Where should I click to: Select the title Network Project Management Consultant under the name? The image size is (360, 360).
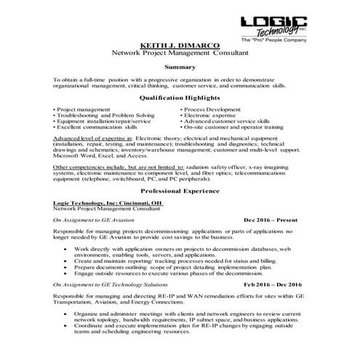click(180, 53)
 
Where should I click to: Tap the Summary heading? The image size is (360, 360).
click(180, 67)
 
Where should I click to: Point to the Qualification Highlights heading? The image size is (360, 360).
click(180, 97)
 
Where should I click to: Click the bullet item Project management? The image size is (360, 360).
click(84, 109)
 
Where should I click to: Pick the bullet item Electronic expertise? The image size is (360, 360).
click(211, 115)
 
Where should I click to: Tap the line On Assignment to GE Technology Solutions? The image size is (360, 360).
click(108, 285)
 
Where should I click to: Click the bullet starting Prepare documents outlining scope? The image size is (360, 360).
click(182, 267)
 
